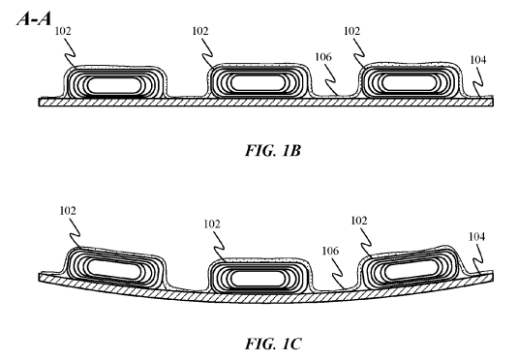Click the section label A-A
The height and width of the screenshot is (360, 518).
pyautogui.click(x=34, y=18)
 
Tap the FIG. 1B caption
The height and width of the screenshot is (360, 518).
pyautogui.click(x=273, y=151)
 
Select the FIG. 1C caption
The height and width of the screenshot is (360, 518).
pyautogui.click(x=273, y=344)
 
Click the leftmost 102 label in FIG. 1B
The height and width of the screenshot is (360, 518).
pyautogui.click(x=63, y=31)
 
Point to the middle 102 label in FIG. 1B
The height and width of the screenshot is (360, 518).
pyautogui.click(x=200, y=31)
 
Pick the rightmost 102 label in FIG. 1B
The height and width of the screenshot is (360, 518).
pyautogui.click(x=351, y=31)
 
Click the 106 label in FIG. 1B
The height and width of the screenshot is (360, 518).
pyautogui.click(x=323, y=57)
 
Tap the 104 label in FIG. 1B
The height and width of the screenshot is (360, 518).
pyautogui.click(x=478, y=60)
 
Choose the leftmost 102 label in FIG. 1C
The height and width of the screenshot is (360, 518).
pyautogui.click(x=68, y=211)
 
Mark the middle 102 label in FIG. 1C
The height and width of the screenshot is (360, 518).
pyautogui.click(x=212, y=225)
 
